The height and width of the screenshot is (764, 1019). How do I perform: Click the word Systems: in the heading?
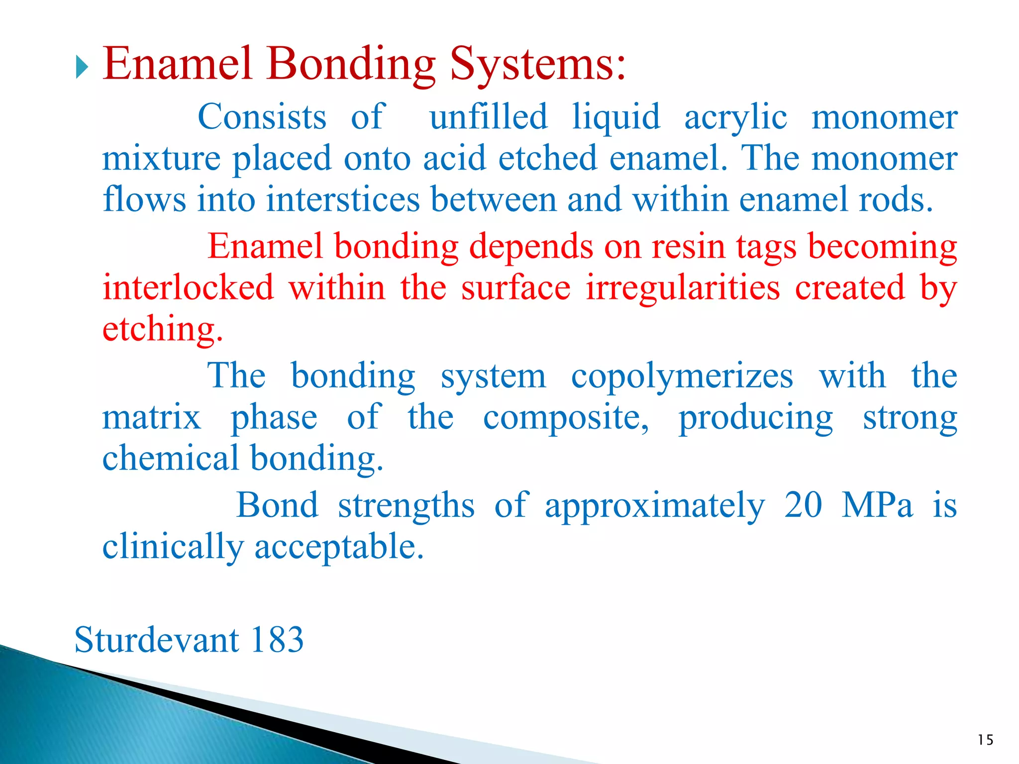tap(537, 65)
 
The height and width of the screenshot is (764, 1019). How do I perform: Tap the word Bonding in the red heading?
tap(351, 65)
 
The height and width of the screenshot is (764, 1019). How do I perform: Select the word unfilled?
tap(488, 117)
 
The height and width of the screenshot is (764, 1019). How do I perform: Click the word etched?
tap(547, 158)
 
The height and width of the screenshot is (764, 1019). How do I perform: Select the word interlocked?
tap(188, 288)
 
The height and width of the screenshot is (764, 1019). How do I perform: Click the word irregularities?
tap(683, 288)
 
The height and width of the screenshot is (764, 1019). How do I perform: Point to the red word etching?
tap(162, 330)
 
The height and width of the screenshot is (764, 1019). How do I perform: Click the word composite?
tap(566, 418)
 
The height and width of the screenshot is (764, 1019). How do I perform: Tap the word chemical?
tap(171, 458)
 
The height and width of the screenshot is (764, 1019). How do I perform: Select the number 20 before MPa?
tap(803, 505)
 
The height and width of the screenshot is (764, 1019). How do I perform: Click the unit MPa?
tap(877, 505)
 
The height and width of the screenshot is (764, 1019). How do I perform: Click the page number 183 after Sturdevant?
tap(277, 640)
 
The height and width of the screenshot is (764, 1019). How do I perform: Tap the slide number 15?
tap(985, 740)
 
